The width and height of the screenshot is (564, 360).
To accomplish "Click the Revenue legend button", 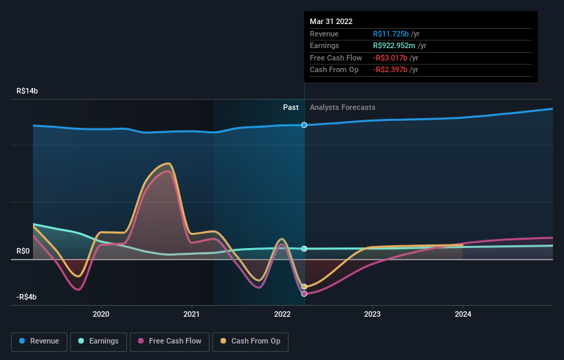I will (40, 341).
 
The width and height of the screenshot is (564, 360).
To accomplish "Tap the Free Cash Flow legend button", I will (171, 341).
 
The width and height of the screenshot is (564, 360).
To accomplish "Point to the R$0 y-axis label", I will (24, 251).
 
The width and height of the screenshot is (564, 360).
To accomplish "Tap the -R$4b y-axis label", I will (27, 297).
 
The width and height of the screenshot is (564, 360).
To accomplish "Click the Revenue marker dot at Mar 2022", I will (304, 125).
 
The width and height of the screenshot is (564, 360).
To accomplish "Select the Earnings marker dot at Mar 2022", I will (304, 249).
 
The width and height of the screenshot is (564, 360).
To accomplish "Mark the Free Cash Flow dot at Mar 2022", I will (304, 293).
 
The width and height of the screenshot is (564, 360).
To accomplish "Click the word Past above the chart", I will (291, 107).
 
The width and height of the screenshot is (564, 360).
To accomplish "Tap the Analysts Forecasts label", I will (343, 107).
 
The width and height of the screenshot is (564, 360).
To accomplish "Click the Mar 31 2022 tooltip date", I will (331, 21).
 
